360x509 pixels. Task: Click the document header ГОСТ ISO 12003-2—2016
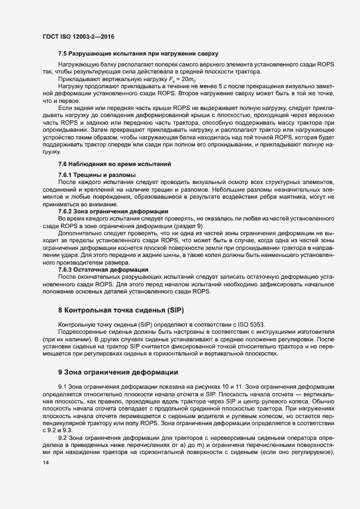click(78, 36)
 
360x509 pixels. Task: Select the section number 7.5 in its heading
click(63, 54)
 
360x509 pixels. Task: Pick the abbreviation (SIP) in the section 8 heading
click(174, 310)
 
